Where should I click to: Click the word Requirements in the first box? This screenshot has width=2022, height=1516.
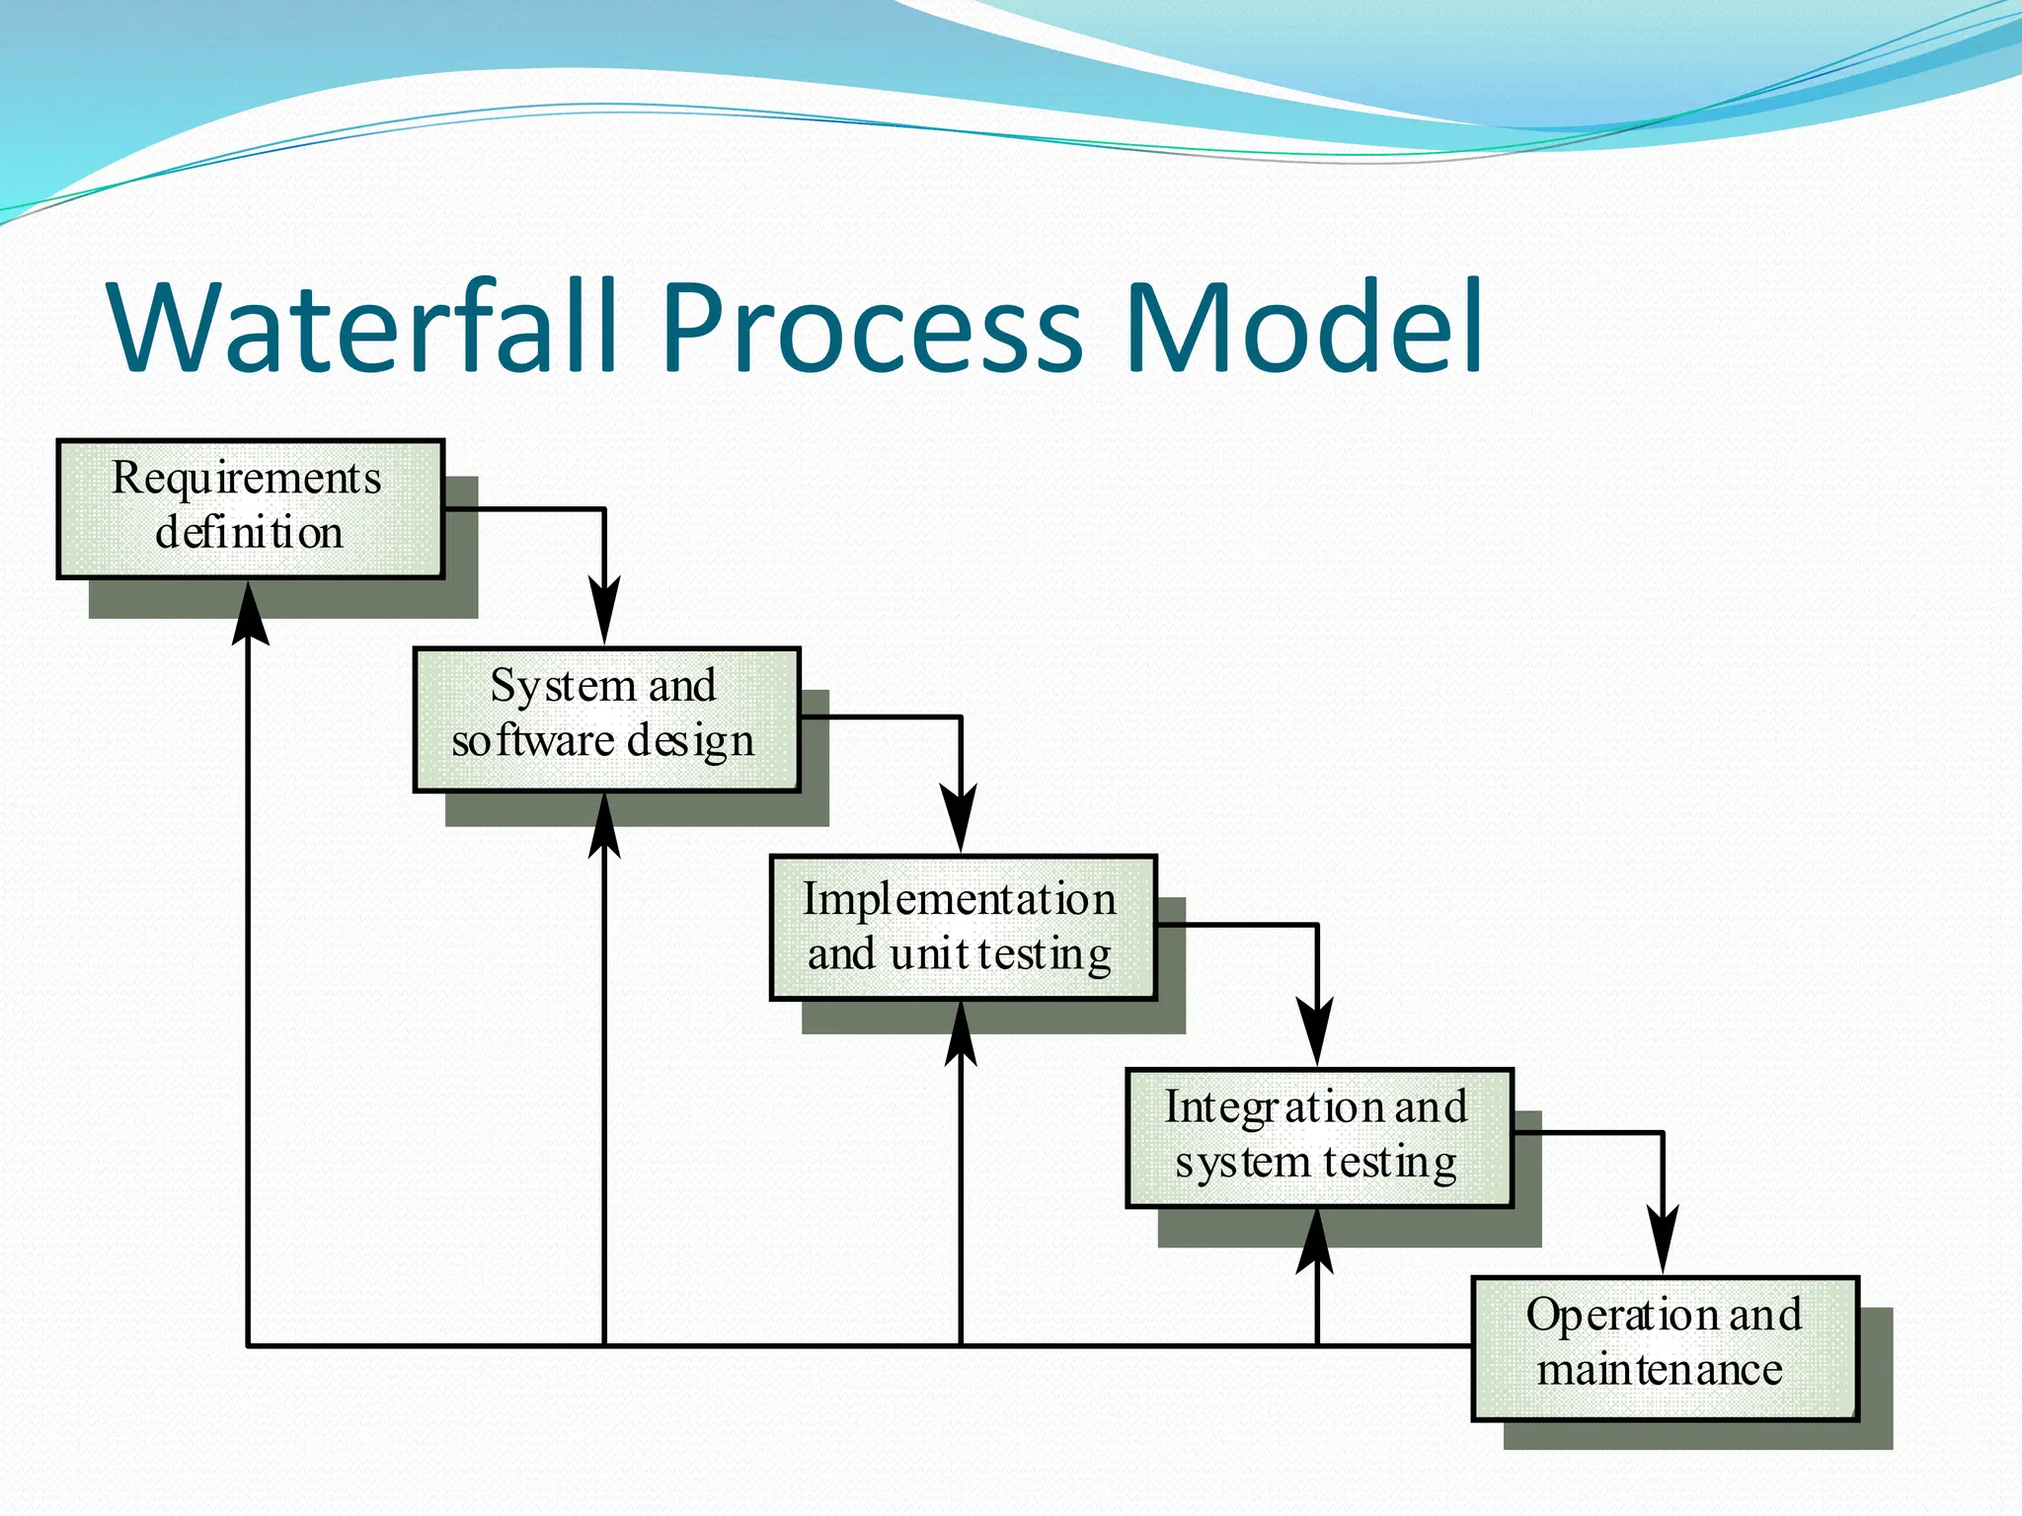(x=246, y=479)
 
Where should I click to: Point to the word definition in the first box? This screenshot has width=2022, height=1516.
(x=249, y=533)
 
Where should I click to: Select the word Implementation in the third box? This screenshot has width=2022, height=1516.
(x=959, y=899)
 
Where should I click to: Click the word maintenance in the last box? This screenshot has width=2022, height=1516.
(x=1660, y=1370)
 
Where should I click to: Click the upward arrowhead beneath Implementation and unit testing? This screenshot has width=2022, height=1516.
(x=960, y=1034)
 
